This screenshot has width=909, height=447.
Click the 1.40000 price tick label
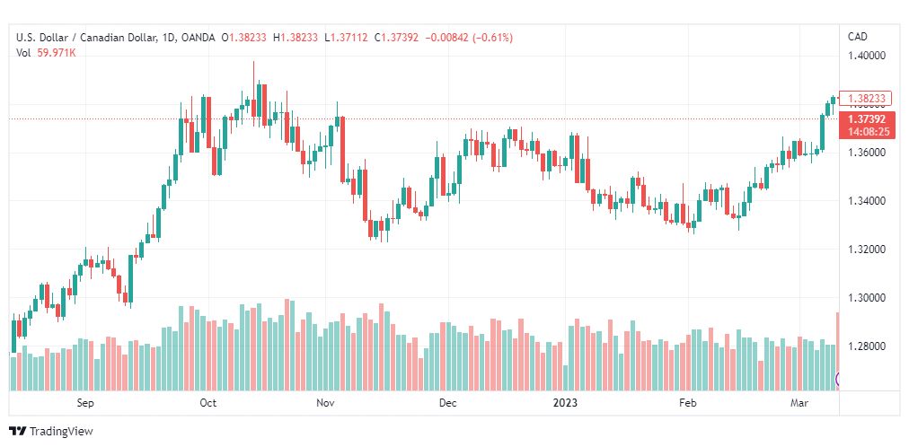point(867,55)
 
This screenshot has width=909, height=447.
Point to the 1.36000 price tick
point(867,153)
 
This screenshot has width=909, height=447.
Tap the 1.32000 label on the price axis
point(867,250)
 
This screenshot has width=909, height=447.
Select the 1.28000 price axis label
point(867,346)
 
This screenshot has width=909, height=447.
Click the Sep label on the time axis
point(86,403)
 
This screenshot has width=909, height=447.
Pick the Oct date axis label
point(208,403)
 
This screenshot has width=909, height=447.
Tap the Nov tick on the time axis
point(326,403)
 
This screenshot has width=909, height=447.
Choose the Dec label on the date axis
point(448,403)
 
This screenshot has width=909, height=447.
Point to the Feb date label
point(688,403)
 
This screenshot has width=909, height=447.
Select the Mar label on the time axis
point(800,403)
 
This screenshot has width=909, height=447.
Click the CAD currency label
point(858,36)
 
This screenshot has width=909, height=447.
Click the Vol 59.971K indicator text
point(46,53)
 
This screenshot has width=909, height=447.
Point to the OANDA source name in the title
point(198,37)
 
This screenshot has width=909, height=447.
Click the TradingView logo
point(51,431)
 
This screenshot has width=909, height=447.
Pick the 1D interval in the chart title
point(168,37)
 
